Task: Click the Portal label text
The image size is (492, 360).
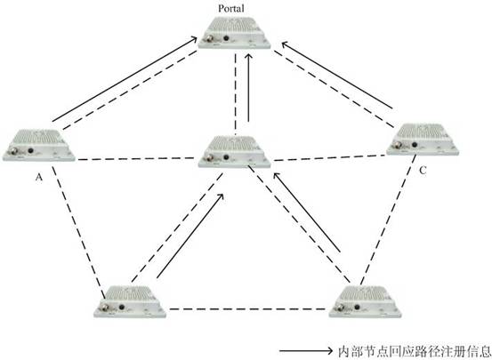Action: coord(231,9)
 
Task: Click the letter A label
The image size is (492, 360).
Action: coord(38,178)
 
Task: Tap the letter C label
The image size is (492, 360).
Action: coord(423,171)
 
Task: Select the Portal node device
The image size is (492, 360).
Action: coord(234,33)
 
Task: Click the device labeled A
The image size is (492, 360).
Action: coord(39,145)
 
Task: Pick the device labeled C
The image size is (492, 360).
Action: coord(423,139)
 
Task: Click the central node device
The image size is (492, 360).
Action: coord(234,151)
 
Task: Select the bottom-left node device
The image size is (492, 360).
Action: coord(130,301)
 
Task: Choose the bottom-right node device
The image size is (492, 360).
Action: coord(365,301)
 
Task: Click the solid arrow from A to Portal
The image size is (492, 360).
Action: coord(125,79)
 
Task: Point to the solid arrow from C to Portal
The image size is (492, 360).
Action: coord(337,76)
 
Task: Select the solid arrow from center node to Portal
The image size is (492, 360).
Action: coord(248,88)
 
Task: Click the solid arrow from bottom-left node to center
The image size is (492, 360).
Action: coord(190,236)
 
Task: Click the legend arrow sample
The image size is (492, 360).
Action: coord(306,350)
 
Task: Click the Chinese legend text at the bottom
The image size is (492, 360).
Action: coord(415,351)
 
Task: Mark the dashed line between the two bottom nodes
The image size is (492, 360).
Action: coord(247,309)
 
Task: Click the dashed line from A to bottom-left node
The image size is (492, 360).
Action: coord(78,232)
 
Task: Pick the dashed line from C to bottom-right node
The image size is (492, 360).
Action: coord(388,220)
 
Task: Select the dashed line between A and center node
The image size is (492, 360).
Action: coord(136,159)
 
